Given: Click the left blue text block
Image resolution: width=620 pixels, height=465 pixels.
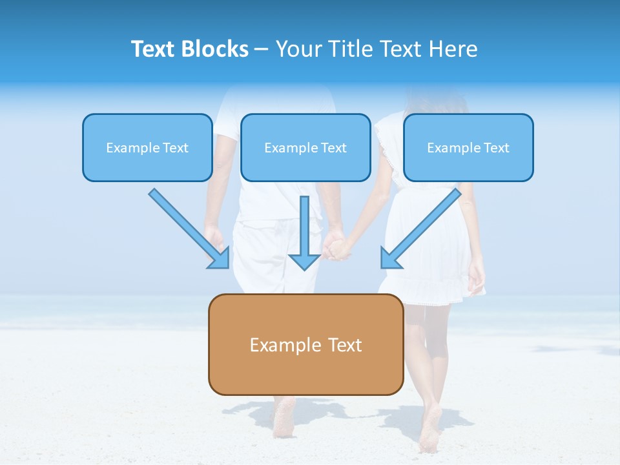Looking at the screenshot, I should click(x=147, y=147).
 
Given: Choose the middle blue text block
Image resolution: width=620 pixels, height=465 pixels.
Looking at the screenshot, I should click(x=305, y=147).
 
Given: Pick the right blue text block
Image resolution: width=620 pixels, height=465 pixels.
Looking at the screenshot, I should click(x=468, y=147).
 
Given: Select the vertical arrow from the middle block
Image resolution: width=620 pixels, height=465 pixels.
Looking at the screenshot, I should click(x=305, y=226).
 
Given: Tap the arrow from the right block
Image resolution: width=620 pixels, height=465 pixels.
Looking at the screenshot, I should click(x=423, y=226).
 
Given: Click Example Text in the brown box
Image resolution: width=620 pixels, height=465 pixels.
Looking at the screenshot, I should click(x=305, y=345).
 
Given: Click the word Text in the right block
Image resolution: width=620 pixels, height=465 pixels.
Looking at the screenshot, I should click(x=496, y=148).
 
